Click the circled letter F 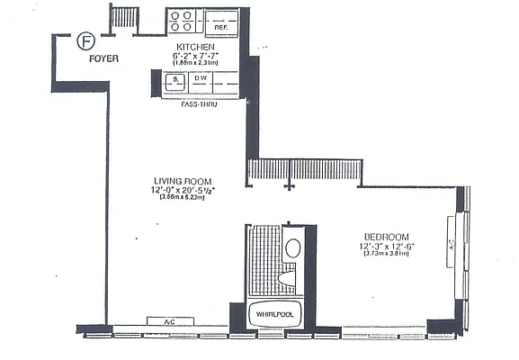point(85,40)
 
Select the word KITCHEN point(194,47)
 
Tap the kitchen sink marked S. point(174,83)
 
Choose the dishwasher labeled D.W point(201,83)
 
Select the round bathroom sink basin point(294,247)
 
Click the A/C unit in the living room point(168,321)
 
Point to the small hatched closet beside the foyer point(124,18)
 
